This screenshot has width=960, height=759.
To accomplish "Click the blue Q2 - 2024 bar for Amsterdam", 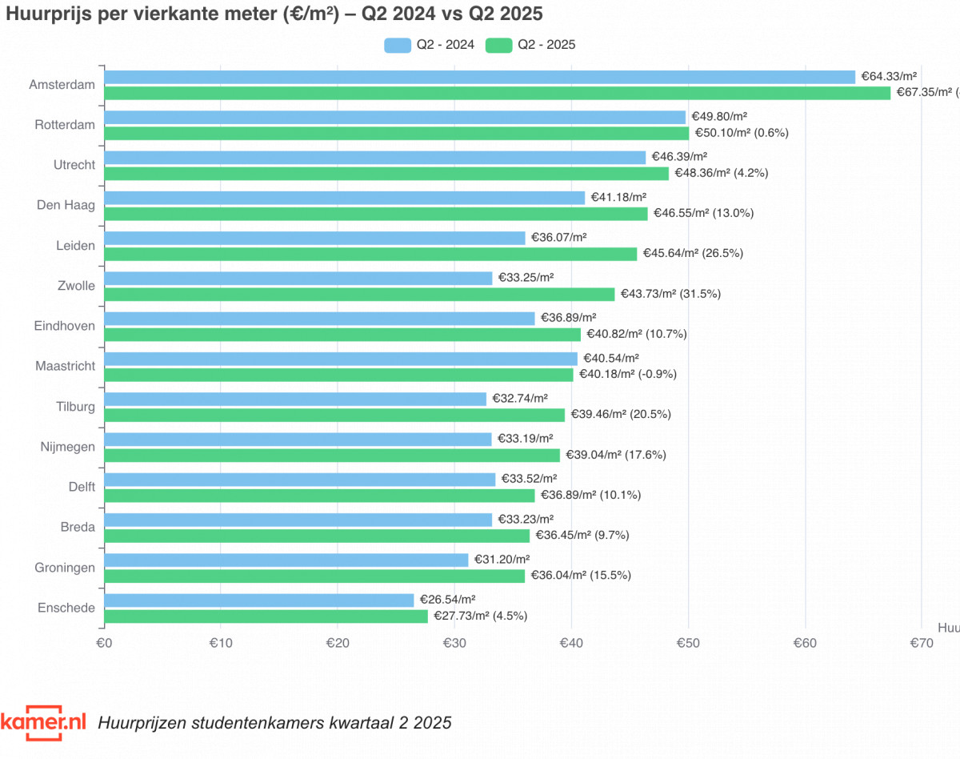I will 480,77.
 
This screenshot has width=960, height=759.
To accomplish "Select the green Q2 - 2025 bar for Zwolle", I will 359,294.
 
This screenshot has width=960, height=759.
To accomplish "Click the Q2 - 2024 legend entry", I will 430,45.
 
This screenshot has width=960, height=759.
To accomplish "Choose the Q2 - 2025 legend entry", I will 531,45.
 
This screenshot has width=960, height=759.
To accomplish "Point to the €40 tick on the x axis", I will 571,643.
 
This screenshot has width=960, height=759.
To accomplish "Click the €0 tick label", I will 104,643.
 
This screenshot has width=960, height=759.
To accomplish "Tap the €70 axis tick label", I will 922,643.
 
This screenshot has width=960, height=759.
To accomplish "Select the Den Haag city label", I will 66,205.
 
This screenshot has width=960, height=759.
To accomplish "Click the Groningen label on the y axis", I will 66,568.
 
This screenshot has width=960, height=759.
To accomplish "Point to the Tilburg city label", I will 75,407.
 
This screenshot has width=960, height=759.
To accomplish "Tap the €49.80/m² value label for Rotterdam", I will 719,117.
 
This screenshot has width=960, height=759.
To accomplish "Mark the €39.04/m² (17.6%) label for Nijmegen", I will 616,455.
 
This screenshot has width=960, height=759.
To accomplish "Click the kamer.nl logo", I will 43,721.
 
